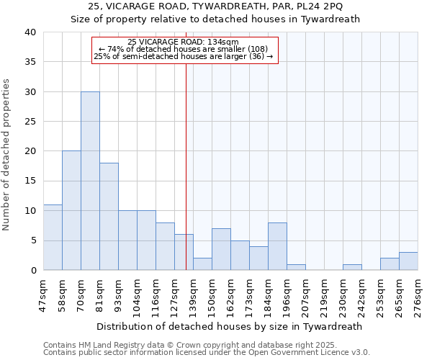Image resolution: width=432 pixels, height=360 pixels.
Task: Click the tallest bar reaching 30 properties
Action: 90,181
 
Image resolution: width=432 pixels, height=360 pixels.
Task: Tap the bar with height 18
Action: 109,216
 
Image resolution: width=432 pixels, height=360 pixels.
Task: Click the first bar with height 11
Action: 53,237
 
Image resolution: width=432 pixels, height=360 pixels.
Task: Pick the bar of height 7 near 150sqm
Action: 221,249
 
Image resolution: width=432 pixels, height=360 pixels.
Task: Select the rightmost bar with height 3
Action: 408,261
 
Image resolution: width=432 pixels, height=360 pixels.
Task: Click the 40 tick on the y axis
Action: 30,32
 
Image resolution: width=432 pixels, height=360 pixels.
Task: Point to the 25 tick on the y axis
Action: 30,122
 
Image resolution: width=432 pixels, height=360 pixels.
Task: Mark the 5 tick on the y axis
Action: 32,240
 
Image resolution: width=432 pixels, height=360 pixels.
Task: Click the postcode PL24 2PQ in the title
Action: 319,7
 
